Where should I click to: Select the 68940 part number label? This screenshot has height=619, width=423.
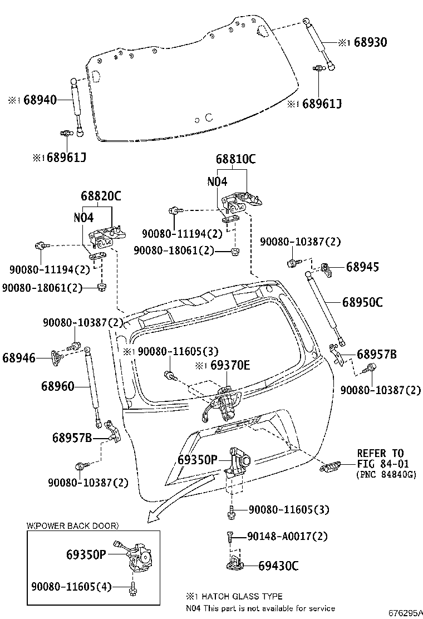[x=40, y=100]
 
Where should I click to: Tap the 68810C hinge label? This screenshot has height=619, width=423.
[x=236, y=159]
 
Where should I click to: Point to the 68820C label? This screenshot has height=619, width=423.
[x=101, y=196]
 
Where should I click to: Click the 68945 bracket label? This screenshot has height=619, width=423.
[x=362, y=267]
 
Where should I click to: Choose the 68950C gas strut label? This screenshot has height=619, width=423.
[x=362, y=302]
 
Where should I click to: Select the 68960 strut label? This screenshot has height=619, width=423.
[x=57, y=385]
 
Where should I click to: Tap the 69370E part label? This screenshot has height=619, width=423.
[x=230, y=365]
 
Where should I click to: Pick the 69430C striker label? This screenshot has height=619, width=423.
[x=278, y=566]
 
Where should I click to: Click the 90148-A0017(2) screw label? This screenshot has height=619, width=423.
[x=287, y=537]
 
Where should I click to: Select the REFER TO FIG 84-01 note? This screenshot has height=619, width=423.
[x=380, y=459]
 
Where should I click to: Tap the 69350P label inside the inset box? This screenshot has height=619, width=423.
[x=86, y=555]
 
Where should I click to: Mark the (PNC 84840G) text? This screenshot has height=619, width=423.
[x=386, y=475]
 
